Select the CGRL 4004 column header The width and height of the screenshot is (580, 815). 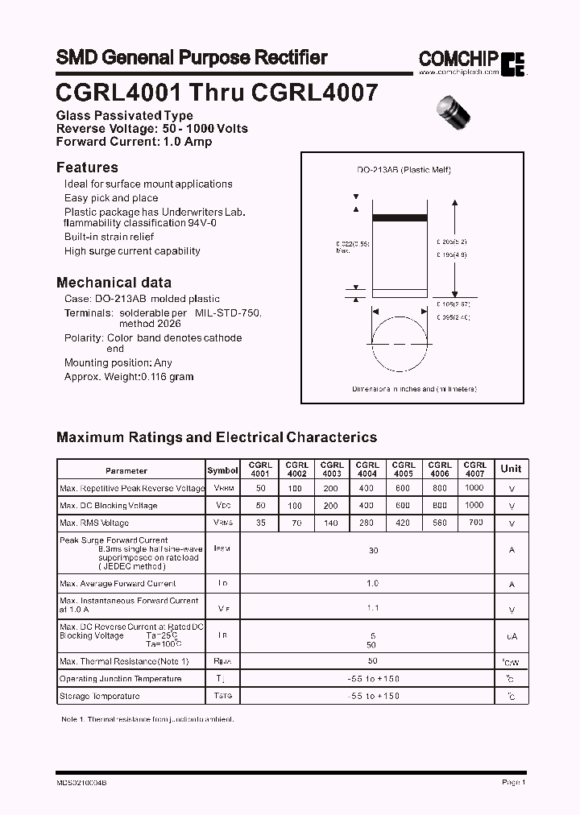tap(367, 470)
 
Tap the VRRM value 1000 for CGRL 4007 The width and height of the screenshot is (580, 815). tap(474, 488)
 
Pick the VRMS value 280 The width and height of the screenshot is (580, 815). tap(367, 523)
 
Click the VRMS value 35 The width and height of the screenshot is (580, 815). tap(260, 523)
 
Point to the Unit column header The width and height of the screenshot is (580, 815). tap(511, 469)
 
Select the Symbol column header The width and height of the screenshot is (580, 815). tap(222, 470)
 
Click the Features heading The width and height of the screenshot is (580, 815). tap(87, 168)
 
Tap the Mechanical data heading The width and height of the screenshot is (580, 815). tap(114, 283)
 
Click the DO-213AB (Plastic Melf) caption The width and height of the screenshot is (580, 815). tap(404, 170)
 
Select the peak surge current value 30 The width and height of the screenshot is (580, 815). tap(373, 551)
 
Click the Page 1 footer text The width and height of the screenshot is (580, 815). tap(513, 782)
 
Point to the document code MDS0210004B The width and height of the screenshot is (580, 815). tap(81, 782)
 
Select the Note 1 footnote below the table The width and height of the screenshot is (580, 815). tap(147, 718)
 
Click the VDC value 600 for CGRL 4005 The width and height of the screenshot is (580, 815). tap(403, 506)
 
